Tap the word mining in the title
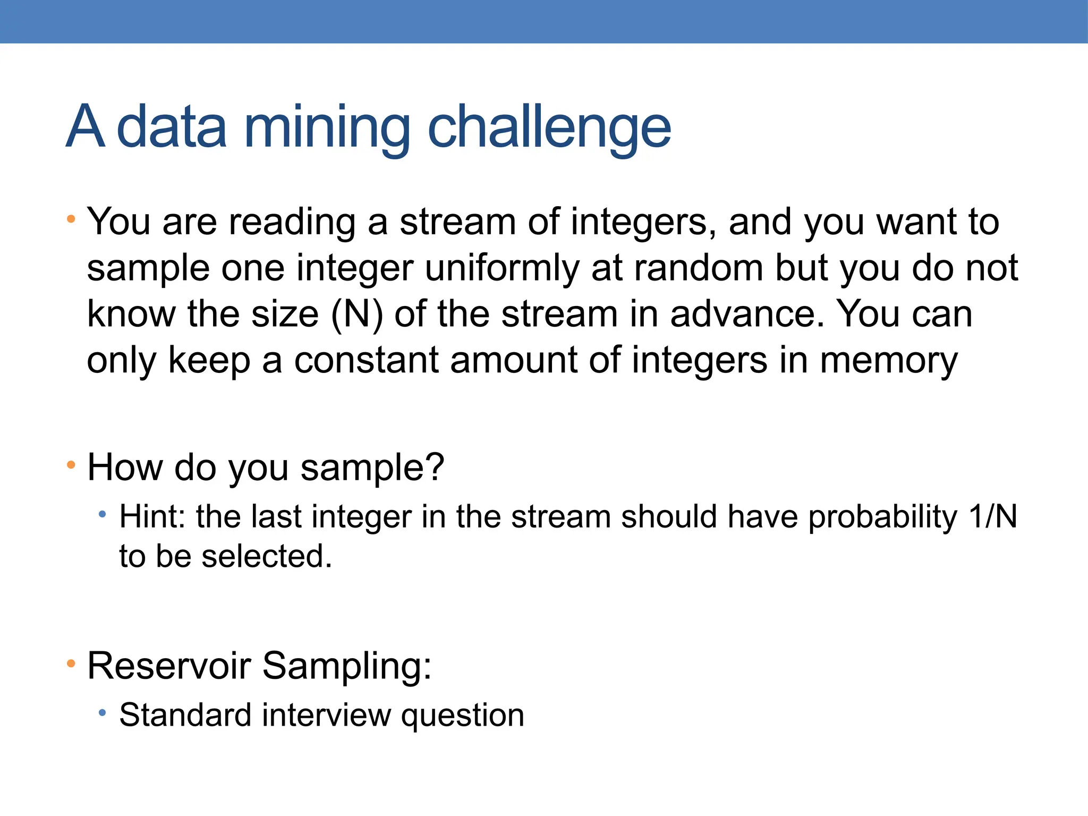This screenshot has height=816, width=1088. (327, 127)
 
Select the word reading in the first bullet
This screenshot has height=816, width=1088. (292, 222)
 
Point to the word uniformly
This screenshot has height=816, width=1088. (502, 268)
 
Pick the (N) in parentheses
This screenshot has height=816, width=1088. (356, 314)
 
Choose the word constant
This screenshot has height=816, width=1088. (366, 360)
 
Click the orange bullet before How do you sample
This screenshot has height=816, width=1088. (71, 465)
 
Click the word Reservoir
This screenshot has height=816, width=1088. (169, 665)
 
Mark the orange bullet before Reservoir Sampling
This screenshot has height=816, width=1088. (71, 663)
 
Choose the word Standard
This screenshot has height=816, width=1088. (185, 715)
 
